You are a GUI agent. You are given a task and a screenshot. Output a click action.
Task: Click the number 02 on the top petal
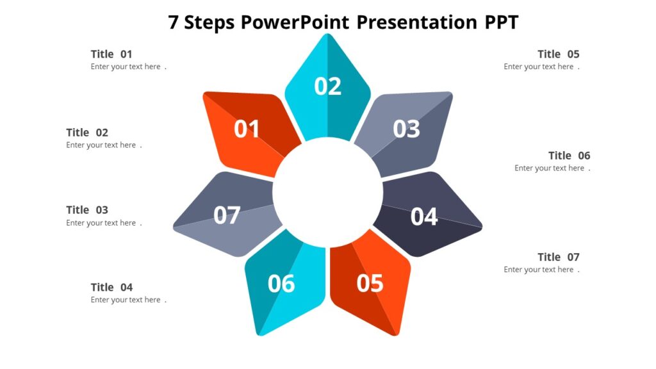click(x=327, y=86)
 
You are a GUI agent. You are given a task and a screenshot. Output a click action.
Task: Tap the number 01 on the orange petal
click(x=247, y=129)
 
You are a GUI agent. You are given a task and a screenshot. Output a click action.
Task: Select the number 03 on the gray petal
click(x=406, y=129)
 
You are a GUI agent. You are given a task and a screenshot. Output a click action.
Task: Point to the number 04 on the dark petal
click(x=424, y=217)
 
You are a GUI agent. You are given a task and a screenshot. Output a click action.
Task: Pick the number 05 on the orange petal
click(x=370, y=283)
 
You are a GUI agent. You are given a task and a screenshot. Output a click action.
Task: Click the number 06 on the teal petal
click(x=281, y=283)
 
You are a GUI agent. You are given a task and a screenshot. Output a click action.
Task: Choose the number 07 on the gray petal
click(x=227, y=215)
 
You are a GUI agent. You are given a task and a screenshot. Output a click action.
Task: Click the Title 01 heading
click(x=111, y=54)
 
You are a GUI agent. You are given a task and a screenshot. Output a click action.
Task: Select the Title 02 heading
click(x=87, y=133)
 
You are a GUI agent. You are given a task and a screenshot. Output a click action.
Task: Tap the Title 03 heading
click(x=87, y=210)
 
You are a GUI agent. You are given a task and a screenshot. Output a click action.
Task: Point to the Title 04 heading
click(x=111, y=288)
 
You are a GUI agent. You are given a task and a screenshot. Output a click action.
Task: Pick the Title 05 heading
click(x=559, y=54)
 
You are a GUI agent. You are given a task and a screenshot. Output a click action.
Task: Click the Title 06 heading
click(x=570, y=156)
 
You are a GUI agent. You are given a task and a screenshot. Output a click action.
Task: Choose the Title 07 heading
click(x=559, y=258)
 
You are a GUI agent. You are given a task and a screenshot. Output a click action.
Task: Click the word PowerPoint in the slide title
click(x=295, y=22)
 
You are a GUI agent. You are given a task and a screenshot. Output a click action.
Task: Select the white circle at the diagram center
click(x=327, y=192)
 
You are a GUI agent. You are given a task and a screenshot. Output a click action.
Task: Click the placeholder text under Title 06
click(x=550, y=168)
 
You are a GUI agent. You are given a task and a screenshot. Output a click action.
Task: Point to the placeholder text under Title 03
click(x=101, y=223)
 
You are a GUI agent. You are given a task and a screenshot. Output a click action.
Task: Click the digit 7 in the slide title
click(x=173, y=22)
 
